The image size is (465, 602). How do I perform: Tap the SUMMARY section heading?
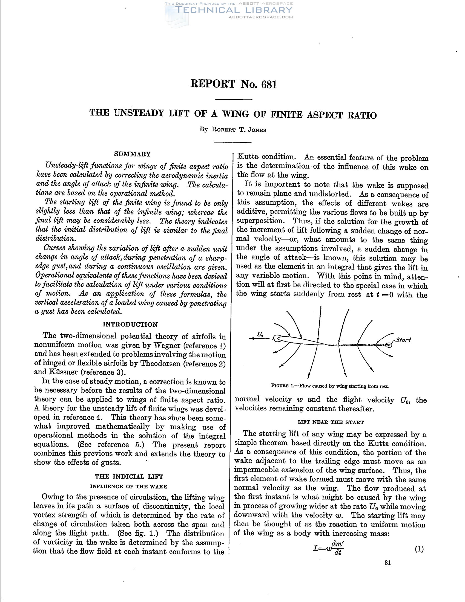(x=132, y=154)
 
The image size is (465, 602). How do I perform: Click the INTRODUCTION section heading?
(x=130, y=325)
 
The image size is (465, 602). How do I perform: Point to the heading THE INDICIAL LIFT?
(x=129, y=477)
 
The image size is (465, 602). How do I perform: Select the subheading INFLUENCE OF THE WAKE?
(x=129, y=487)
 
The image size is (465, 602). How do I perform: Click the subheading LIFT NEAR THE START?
(x=331, y=422)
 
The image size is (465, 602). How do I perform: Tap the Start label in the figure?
(x=403, y=340)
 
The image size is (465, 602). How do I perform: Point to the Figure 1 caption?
(x=330, y=386)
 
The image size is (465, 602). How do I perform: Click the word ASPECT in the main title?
(x=325, y=115)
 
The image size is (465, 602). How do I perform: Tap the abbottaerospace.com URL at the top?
(x=261, y=17)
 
